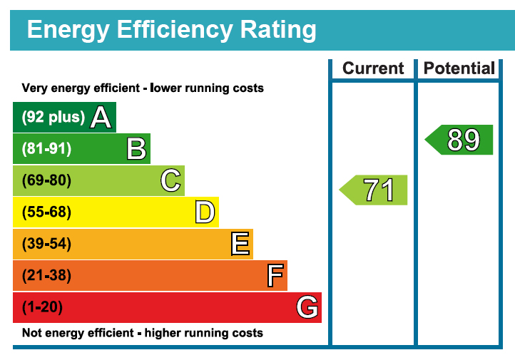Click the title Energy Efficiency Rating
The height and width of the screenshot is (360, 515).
click(171, 30)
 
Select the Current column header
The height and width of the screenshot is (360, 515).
click(373, 68)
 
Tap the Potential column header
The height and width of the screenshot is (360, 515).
click(459, 68)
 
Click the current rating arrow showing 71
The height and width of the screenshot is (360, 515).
click(374, 190)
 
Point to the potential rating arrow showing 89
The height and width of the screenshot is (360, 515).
click(459, 140)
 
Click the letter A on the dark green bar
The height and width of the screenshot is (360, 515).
click(101, 118)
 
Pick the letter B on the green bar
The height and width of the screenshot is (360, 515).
click(136, 149)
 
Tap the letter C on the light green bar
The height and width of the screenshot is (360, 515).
click(170, 180)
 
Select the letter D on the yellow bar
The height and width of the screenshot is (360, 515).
click(205, 212)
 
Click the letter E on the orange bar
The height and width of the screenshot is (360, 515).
click(240, 244)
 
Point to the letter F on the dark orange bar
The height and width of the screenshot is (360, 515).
click(275, 275)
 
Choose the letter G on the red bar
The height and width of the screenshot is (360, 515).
click(307, 307)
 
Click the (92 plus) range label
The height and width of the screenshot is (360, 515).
click(53, 118)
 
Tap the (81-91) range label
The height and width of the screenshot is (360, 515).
click(47, 149)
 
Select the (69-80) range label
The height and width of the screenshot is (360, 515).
click(47, 180)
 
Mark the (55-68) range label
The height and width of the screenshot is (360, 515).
click(47, 212)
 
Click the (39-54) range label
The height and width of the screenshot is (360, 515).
click(47, 244)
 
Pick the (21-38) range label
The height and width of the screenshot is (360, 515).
click(47, 275)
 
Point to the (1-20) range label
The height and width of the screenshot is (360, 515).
click(43, 307)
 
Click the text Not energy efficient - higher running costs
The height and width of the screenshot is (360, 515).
click(143, 333)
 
